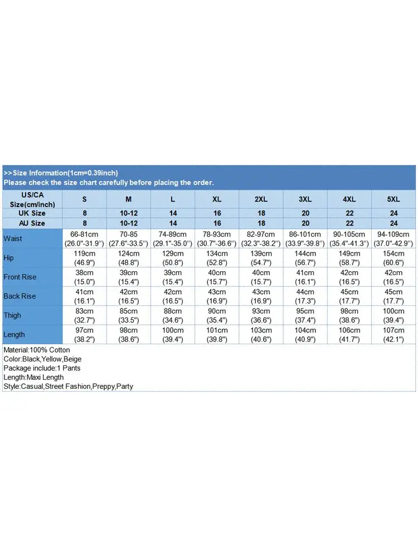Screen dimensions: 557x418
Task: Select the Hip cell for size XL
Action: (217, 258)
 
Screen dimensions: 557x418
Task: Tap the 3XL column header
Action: (305, 199)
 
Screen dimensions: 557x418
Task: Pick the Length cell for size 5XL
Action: (393, 334)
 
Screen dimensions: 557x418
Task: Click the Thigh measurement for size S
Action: (84, 315)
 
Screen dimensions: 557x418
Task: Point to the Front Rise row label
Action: (20, 277)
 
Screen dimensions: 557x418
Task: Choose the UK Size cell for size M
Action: (128, 213)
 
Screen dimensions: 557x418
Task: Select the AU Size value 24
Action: (393, 223)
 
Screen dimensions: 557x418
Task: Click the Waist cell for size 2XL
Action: (261, 239)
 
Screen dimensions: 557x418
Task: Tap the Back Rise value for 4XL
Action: (349, 296)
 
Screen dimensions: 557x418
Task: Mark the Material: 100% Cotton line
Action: (37, 350)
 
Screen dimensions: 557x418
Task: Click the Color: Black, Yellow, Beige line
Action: (42, 359)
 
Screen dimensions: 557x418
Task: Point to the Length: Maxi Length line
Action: (33, 377)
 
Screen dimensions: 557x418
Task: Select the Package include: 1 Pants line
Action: (42, 368)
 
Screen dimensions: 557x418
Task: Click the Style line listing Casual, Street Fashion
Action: (68, 386)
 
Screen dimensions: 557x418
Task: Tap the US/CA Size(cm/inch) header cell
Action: (32, 199)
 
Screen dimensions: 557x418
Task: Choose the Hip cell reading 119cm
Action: (84, 258)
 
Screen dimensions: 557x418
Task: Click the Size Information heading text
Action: (61, 173)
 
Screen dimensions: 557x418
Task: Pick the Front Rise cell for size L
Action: (172, 277)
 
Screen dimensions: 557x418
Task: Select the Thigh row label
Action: (12, 315)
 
